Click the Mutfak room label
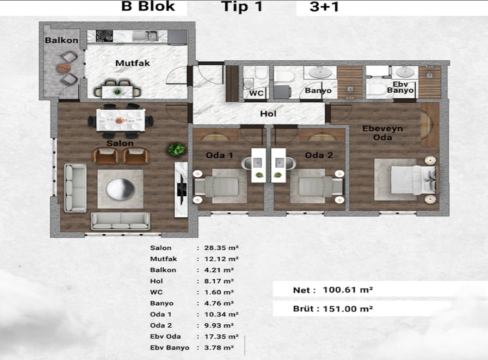point(132,63)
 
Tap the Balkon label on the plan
point(61,40)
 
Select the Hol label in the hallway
point(268,114)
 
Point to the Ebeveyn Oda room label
point(383,133)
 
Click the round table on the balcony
point(64,68)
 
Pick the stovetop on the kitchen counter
point(104,36)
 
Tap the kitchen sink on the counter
point(145,36)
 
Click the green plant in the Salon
point(177,149)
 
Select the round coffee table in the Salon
point(120,189)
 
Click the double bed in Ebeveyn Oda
point(414,180)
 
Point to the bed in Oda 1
point(216,186)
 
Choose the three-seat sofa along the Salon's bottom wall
point(120,221)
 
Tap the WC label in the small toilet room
point(256,93)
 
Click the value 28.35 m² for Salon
point(221,248)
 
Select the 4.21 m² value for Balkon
point(219,270)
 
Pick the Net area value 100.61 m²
point(348,290)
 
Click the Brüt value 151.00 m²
point(348,309)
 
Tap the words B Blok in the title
point(148,6)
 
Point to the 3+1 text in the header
point(324,7)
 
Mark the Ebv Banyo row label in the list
point(170,348)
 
